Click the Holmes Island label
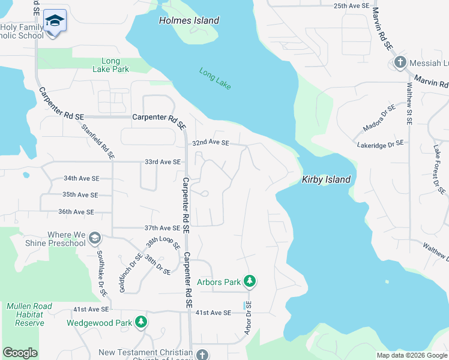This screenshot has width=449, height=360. [188, 20]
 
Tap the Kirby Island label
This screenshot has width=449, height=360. [325, 179]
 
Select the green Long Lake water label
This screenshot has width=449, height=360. [215, 79]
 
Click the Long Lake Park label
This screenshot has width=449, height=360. [110, 65]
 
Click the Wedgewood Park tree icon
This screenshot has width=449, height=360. [140, 323]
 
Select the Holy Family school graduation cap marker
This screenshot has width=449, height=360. [55, 21]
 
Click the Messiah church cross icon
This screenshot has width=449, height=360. [400, 62]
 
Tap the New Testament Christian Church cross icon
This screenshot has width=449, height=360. [202, 354]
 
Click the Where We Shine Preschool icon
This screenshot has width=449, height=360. [94, 239]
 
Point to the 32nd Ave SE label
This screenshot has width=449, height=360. [211, 143]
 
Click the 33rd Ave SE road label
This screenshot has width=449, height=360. [162, 162]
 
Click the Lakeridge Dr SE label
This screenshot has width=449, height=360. [381, 145]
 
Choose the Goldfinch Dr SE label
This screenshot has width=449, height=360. [130, 273]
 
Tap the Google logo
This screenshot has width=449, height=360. [20, 353]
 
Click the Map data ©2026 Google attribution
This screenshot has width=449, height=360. [412, 355]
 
